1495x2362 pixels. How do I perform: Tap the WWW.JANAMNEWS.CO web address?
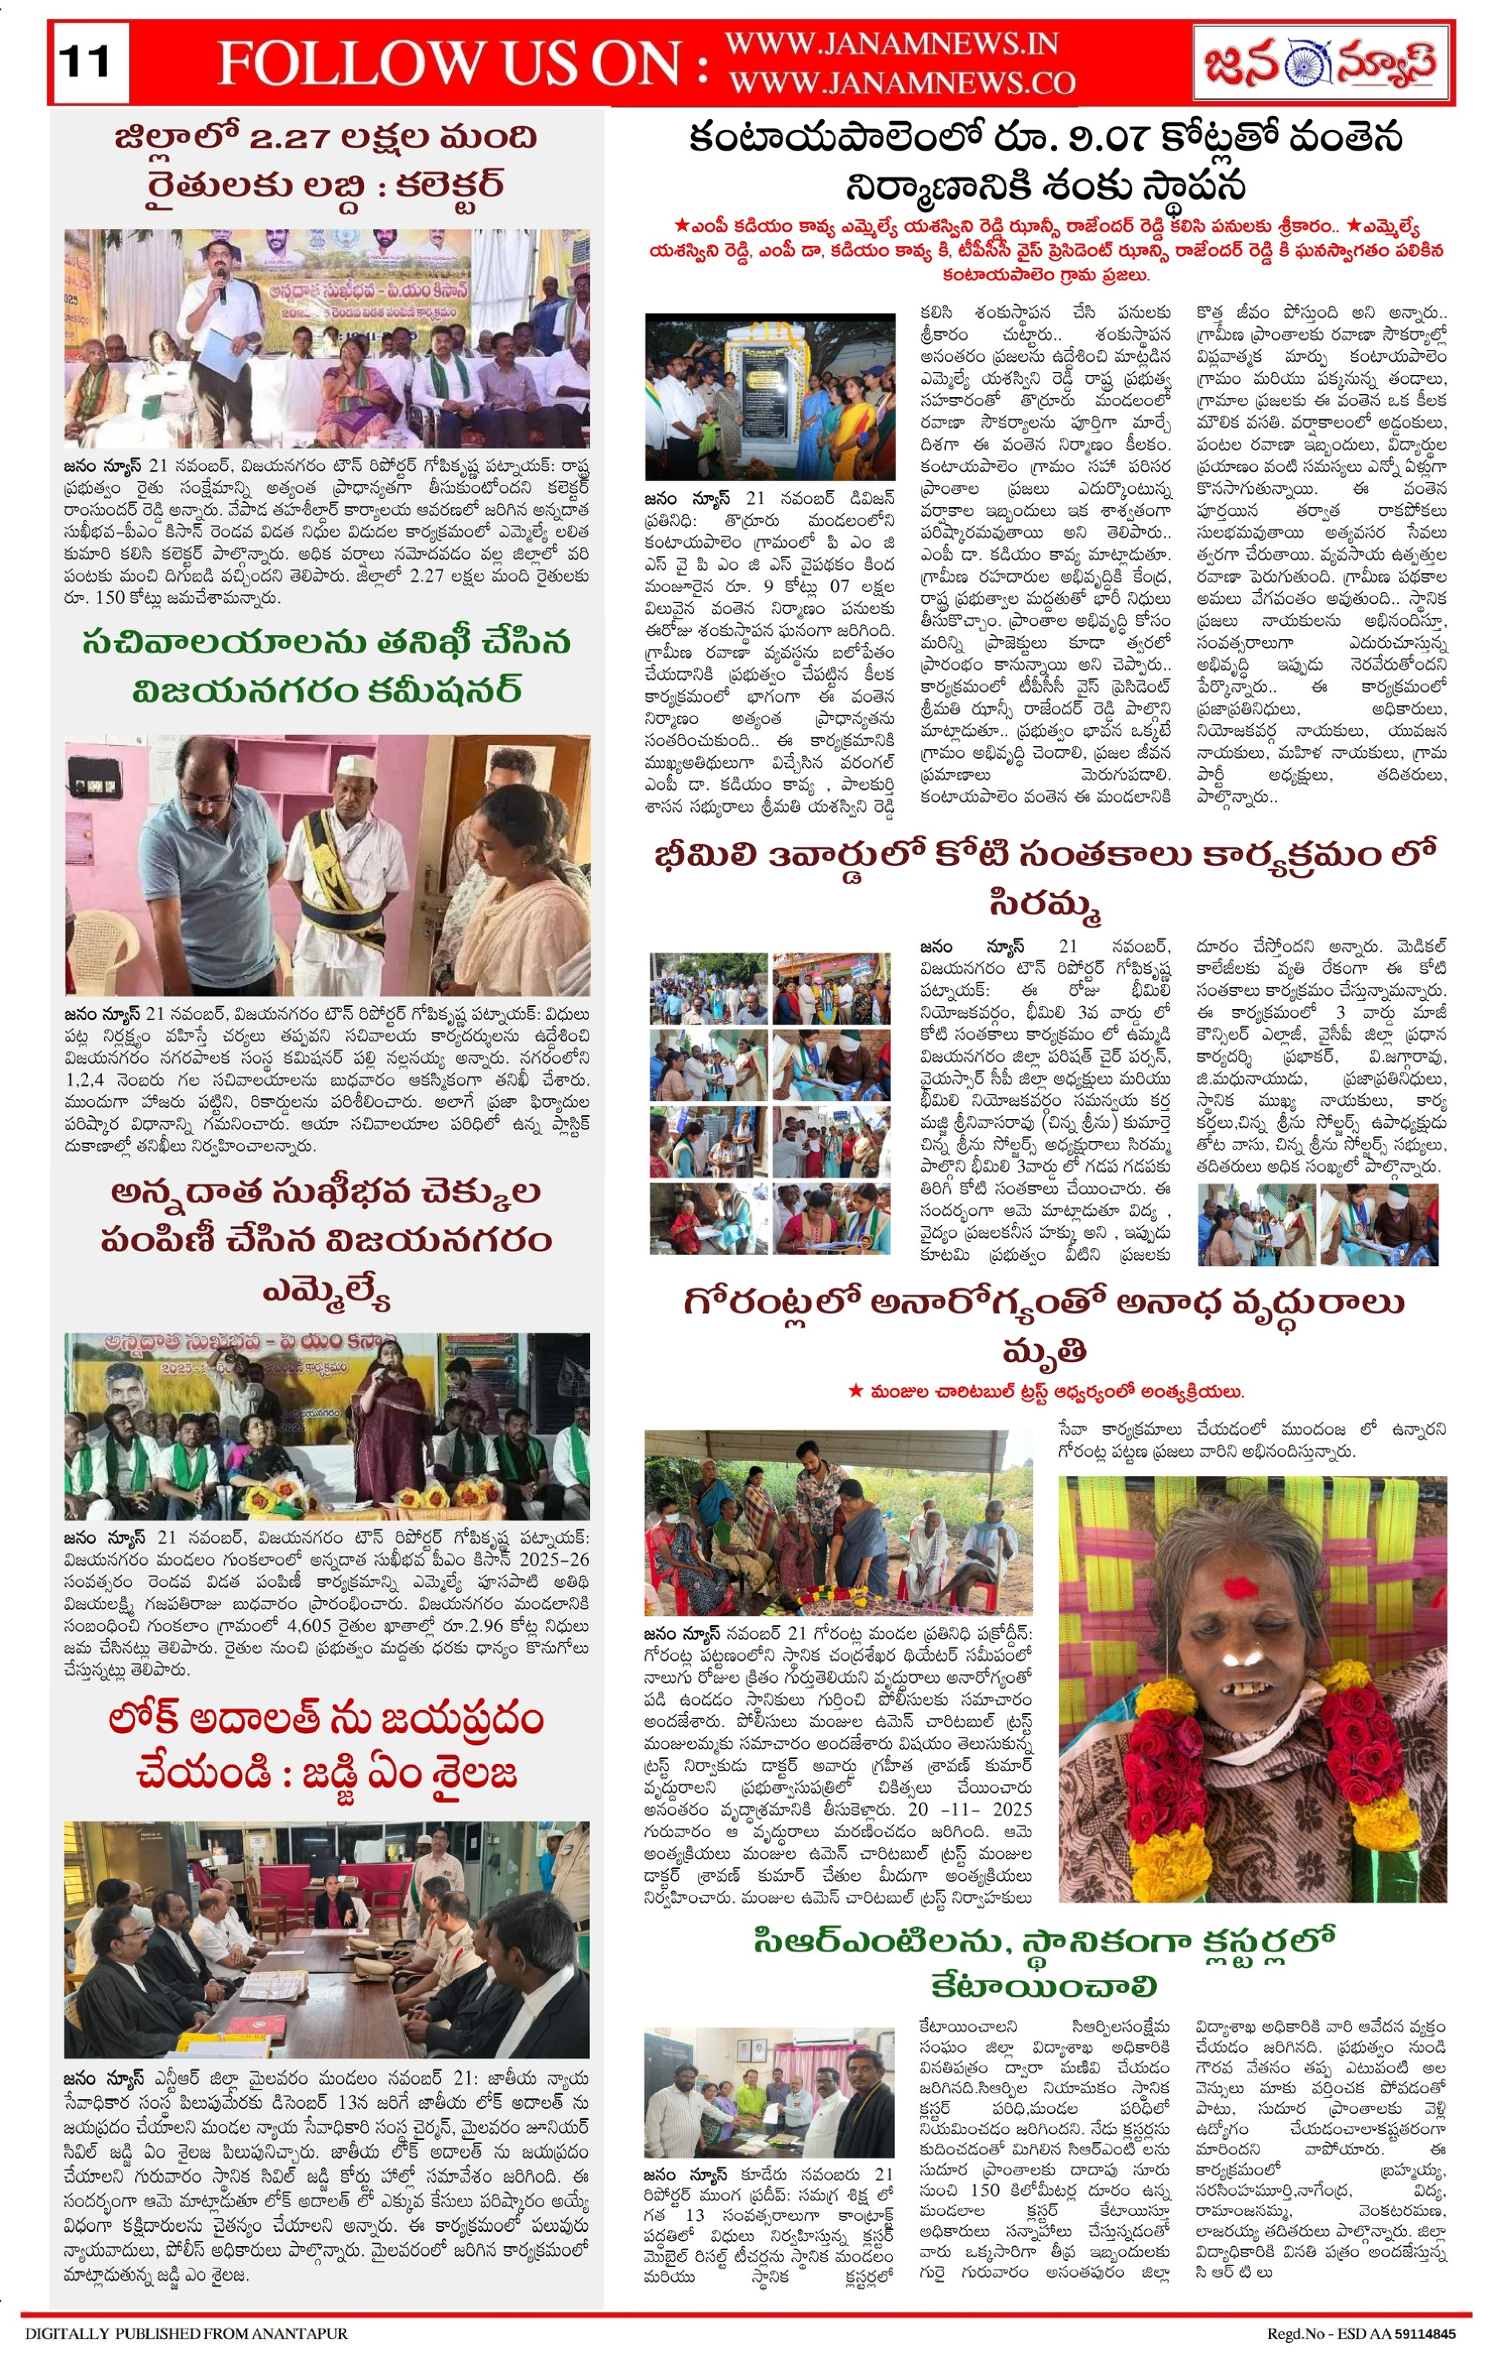pyautogui.click(x=901, y=83)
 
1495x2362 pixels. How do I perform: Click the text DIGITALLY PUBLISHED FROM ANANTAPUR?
pyautogui.click(x=185, y=2333)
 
